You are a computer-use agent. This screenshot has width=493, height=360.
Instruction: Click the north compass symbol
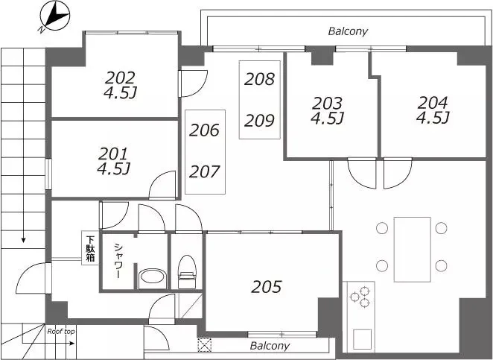point(54,16)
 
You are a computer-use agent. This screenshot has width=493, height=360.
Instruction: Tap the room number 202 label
point(120,78)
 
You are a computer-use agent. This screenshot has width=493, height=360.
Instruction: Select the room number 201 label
point(113,154)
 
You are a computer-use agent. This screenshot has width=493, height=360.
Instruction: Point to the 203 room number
point(327,104)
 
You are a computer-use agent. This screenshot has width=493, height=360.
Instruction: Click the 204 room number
point(433,103)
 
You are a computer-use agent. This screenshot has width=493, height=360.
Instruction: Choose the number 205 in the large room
point(267,287)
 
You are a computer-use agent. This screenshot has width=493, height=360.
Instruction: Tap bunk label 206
point(204,130)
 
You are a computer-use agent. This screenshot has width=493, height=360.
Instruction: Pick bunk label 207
point(204,172)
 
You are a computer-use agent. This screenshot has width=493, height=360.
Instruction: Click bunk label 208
point(259,79)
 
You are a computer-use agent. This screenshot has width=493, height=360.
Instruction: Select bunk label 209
point(259,121)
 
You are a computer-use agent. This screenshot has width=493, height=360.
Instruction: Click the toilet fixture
point(187,272)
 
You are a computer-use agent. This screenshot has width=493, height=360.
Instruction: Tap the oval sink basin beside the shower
point(153,277)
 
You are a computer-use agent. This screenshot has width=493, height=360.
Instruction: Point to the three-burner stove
point(361,297)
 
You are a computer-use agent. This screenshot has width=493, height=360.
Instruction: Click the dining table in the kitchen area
point(412,249)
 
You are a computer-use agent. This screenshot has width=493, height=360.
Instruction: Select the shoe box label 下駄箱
point(91,249)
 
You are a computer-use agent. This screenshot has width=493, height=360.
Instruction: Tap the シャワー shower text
point(118,261)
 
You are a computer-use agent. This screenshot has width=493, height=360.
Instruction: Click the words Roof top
point(61,332)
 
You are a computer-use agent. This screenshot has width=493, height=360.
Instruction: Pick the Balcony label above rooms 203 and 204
point(348,31)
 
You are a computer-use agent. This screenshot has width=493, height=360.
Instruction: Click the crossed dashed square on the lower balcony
point(204,345)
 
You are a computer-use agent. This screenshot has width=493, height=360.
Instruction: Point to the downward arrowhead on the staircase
point(23,241)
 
